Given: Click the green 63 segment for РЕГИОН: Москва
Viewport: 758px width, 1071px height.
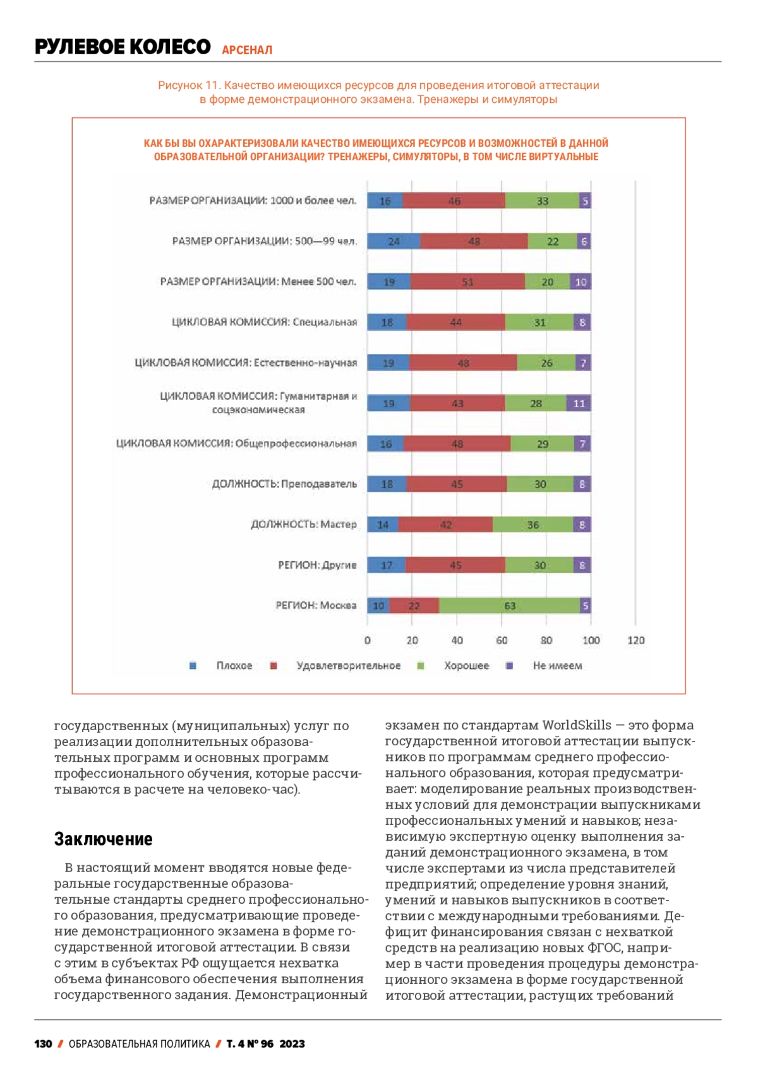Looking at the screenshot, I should (509, 606).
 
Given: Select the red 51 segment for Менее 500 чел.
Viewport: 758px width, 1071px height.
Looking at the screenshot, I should (467, 282).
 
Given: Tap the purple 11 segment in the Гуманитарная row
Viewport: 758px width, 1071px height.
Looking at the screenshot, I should (579, 403).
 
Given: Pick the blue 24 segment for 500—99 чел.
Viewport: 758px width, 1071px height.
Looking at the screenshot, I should (394, 242).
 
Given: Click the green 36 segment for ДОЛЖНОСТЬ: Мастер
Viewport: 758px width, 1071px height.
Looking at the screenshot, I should (533, 524).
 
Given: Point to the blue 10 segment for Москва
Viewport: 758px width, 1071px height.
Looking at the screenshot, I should (378, 606).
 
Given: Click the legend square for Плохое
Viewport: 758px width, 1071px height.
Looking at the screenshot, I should (193, 666).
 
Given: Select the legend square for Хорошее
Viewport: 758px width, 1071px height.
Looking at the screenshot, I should (421, 666).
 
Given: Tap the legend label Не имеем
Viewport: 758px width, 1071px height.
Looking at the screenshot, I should (557, 666).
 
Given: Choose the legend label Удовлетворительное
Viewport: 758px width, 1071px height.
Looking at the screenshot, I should (348, 666).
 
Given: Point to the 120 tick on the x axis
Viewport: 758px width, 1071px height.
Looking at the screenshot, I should (635, 641).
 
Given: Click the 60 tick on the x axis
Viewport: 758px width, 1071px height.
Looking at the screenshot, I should (502, 641).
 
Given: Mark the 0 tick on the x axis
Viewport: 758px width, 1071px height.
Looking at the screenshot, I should (368, 641).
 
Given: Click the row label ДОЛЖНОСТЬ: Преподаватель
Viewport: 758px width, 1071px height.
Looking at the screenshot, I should (284, 484).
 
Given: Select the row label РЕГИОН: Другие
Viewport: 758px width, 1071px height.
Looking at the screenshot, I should (317, 565).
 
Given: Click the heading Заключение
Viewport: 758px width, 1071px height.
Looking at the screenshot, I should (103, 839).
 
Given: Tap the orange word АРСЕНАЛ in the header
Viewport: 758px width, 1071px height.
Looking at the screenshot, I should (247, 50).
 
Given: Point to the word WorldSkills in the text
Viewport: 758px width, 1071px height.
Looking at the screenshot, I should (577, 725).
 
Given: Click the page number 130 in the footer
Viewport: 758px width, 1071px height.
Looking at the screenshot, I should (43, 1044).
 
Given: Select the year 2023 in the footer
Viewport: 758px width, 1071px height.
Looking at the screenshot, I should (292, 1044).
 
